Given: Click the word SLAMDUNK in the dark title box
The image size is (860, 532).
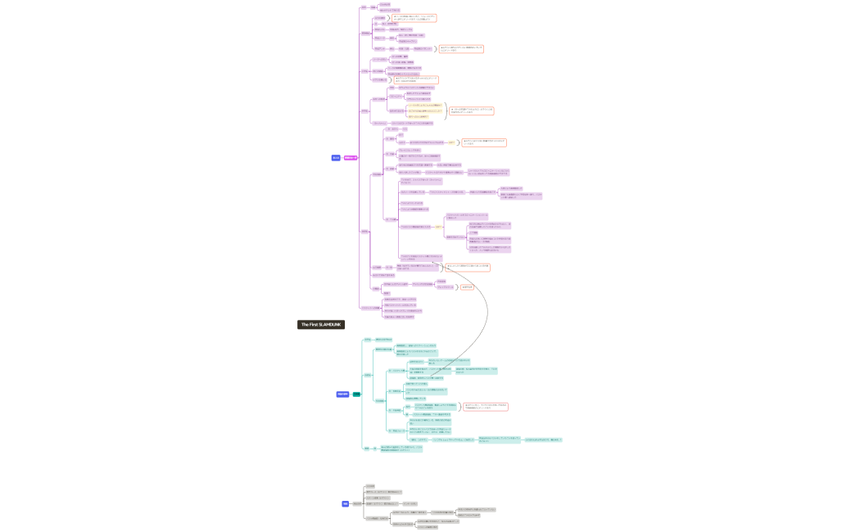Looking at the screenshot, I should pos(329,325).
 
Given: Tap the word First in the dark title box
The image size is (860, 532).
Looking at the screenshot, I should pos(312,325).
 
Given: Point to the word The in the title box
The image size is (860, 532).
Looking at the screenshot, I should pos(304,325).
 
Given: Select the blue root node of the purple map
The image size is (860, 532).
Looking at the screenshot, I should pos(336,158).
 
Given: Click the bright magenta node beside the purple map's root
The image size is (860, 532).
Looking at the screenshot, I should pos(350,158).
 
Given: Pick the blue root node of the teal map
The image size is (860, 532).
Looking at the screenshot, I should pos(342,394).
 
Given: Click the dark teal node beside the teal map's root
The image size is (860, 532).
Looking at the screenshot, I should pos(356,394).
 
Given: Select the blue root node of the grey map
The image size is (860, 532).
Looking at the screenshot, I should pos(346,504).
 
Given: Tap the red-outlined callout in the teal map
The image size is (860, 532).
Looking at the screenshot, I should pos(486,406).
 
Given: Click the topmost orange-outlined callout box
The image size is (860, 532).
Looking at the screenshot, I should pos(414,17).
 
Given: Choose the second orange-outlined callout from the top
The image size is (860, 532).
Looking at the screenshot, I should pos(461,49).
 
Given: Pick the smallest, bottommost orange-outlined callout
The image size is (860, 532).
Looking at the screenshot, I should pos(468,287).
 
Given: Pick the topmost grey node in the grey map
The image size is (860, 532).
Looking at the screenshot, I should pos(370,485).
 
